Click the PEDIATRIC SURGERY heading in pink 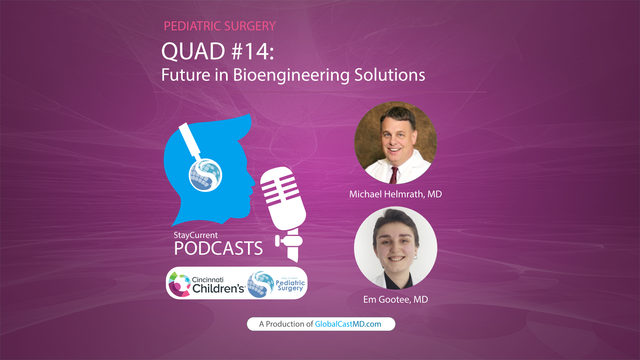pyautogui.click(x=220, y=26)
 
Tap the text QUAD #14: pyautogui.click(x=218, y=51)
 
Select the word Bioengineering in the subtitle pyautogui.click(x=291, y=75)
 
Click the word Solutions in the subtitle pyautogui.click(x=389, y=75)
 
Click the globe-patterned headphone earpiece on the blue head pyautogui.click(x=205, y=175)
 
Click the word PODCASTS pyautogui.click(x=218, y=248)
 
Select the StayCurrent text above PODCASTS pyautogui.click(x=196, y=235)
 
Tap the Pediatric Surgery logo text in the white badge pyautogui.click(x=290, y=285)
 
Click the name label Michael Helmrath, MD pyautogui.click(x=395, y=194)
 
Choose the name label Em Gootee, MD pyautogui.click(x=395, y=299)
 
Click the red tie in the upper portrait pyautogui.click(x=394, y=175)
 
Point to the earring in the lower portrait pyautogui.click(x=416, y=257)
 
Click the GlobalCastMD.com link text pyautogui.click(x=348, y=324)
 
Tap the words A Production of pyautogui.click(x=286, y=324)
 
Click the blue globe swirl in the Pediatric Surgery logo pyautogui.click(x=260, y=284)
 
